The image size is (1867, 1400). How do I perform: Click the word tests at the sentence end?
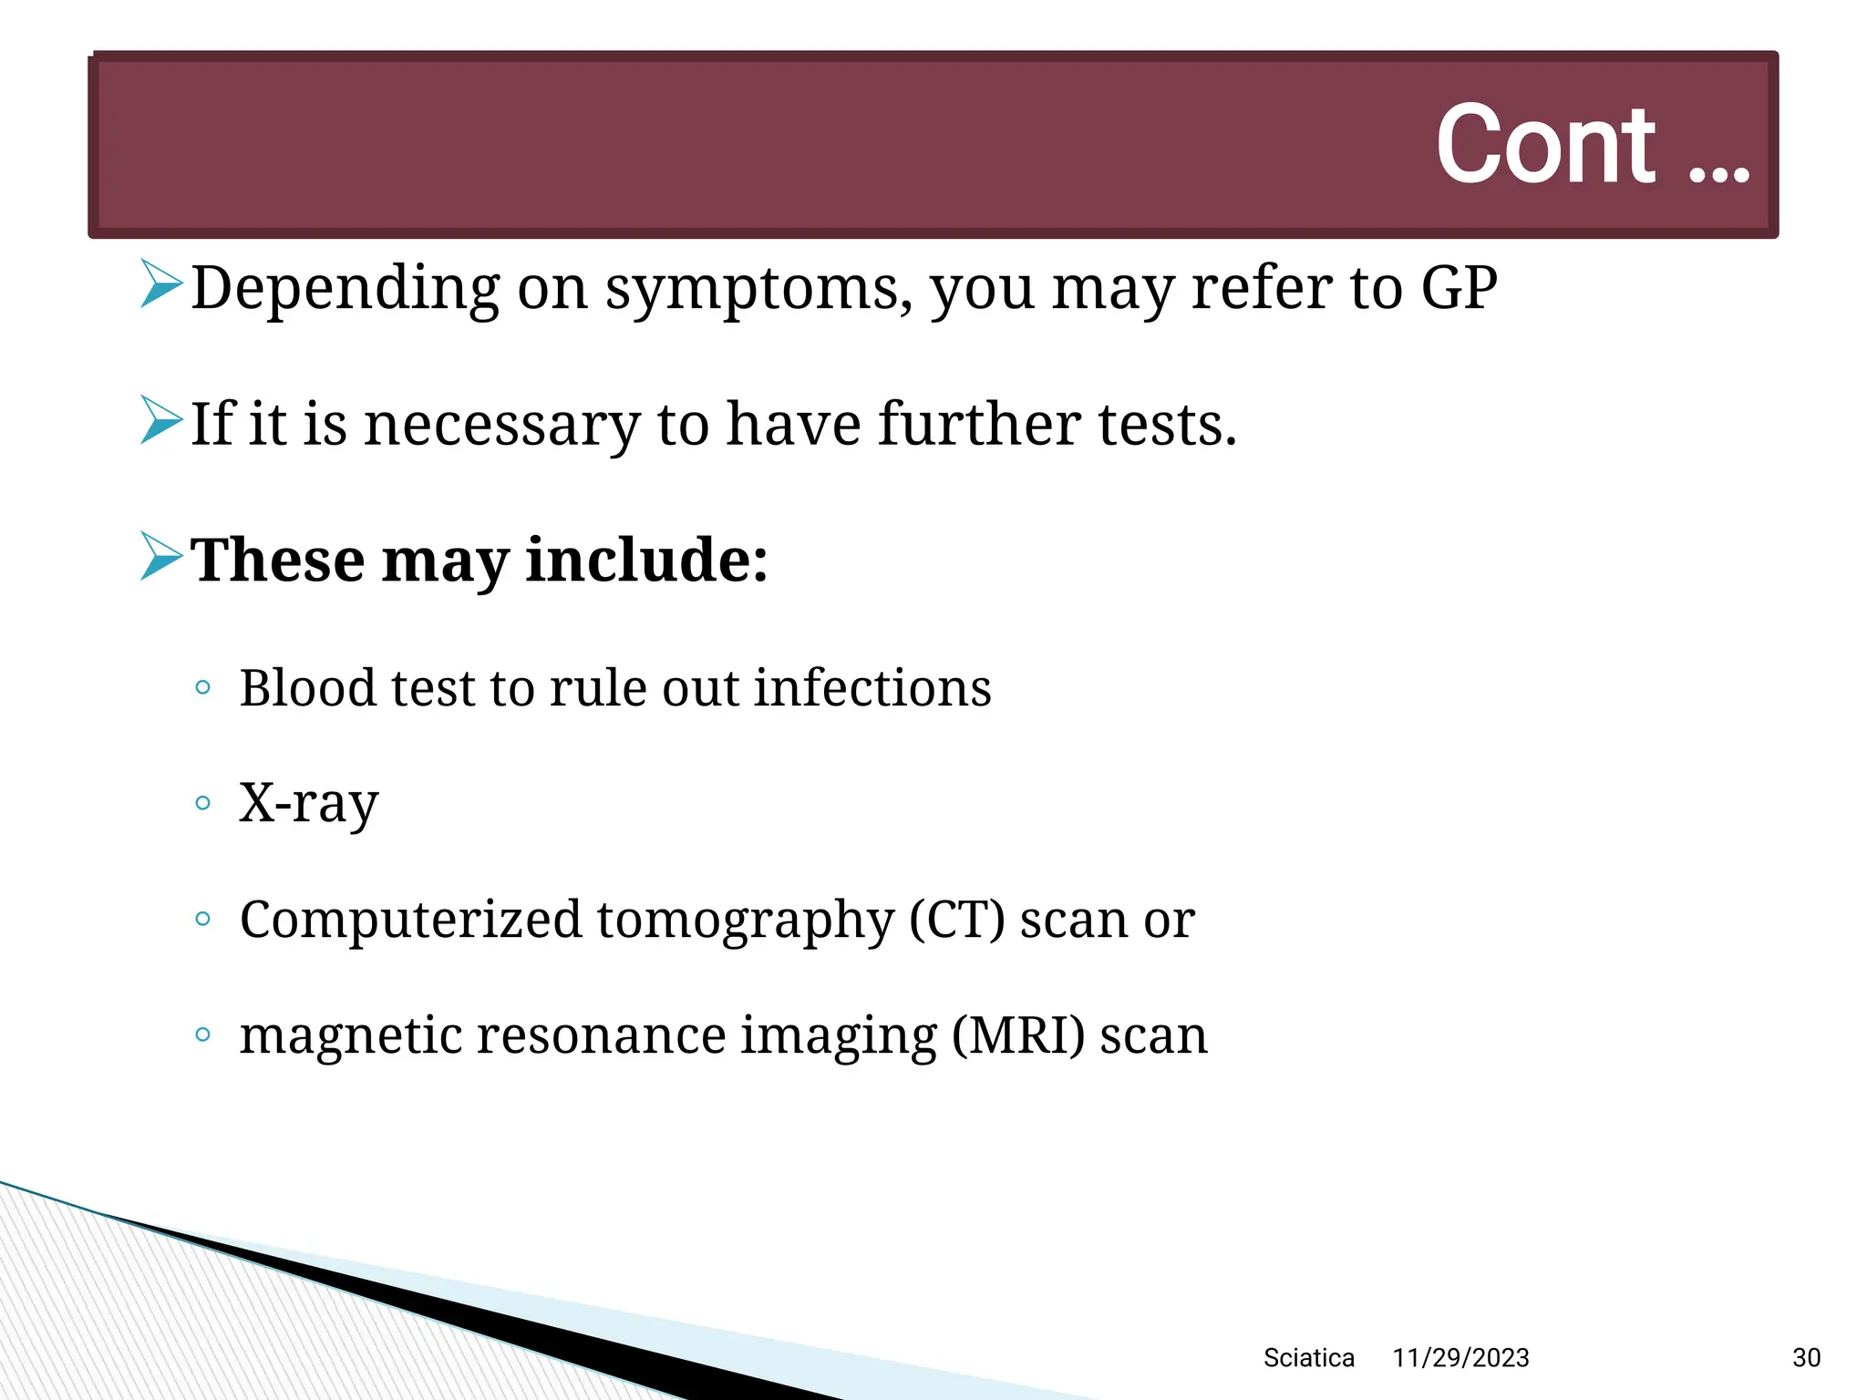[1167, 425]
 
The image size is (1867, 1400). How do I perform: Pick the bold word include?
[646, 560]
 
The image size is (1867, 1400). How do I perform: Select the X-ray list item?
[308, 804]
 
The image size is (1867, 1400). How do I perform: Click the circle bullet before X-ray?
[203, 803]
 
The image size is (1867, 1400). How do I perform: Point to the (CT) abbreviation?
[957, 920]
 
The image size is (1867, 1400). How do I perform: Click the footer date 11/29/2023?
[1460, 1358]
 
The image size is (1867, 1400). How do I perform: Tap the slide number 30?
[1806, 1358]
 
